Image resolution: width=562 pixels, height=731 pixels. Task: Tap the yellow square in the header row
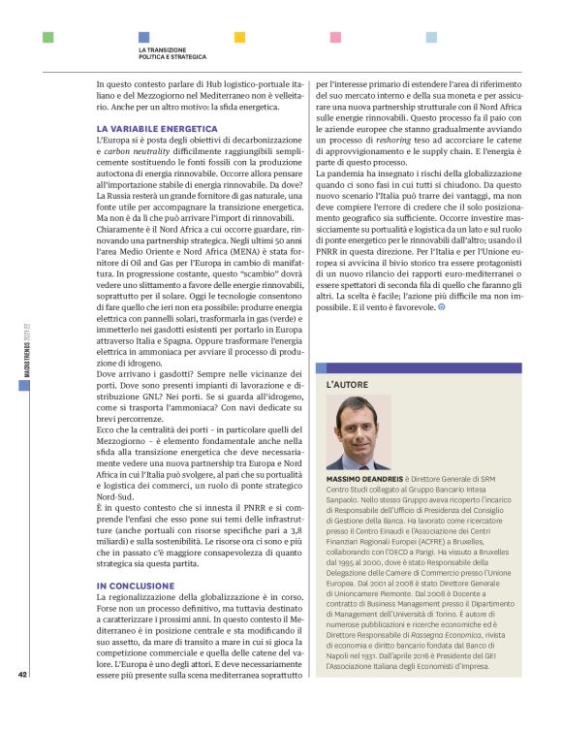click(240, 37)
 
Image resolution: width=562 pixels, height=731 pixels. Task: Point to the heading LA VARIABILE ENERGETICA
click(157, 128)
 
